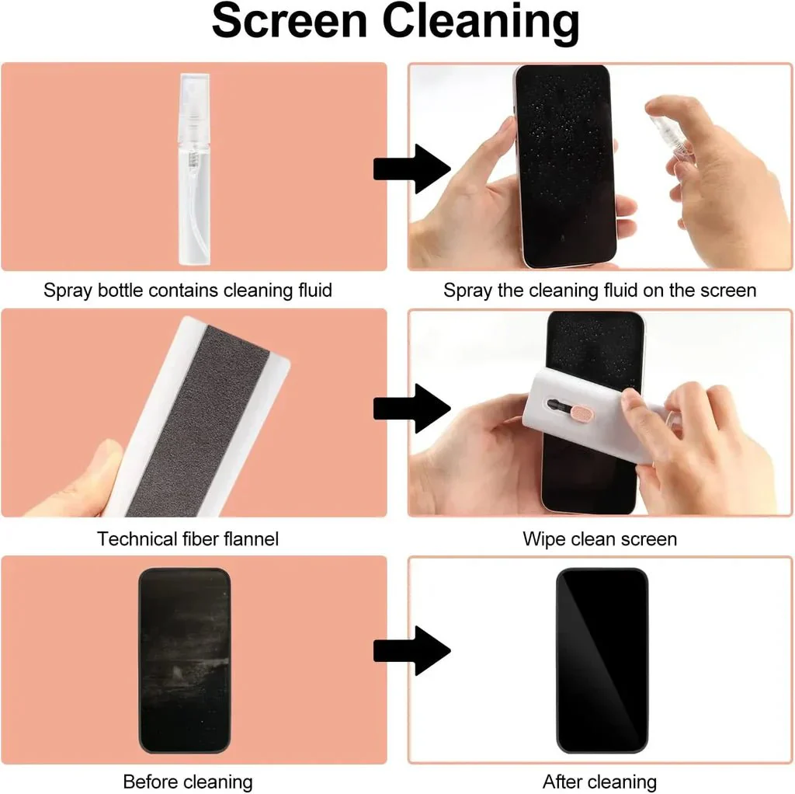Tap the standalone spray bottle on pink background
pos(194,169)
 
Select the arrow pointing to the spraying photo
pos(411,169)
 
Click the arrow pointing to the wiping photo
pos(411,409)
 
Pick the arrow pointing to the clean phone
pos(411,650)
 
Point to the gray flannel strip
pos(199,421)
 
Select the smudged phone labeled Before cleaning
pos(185,660)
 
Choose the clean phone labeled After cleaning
pos(602,660)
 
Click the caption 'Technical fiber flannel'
pos(188,539)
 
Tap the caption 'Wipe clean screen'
pos(600,539)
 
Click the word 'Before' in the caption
pos(150,782)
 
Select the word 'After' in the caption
pos(564,782)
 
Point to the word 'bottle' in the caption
pos(120,291)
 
